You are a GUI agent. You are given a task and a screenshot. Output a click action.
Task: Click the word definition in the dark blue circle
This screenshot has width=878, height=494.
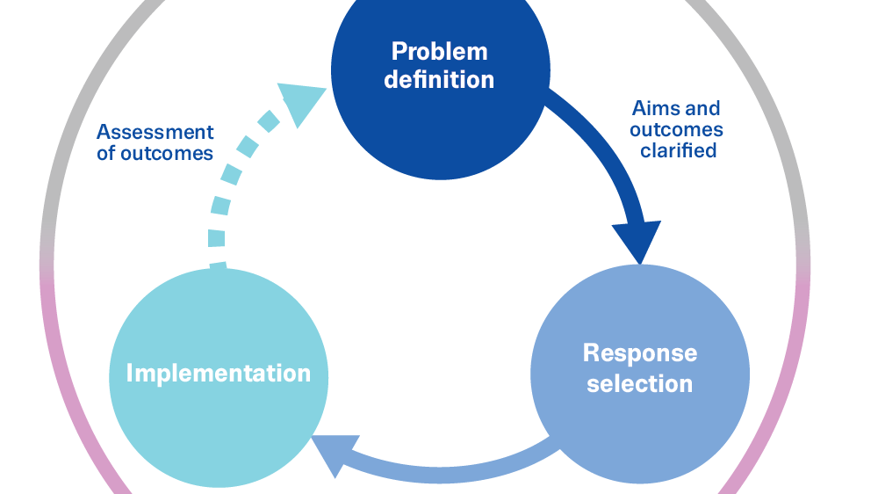click(439, 80)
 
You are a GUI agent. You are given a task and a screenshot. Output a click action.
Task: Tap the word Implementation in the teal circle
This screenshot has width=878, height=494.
click(219, 373)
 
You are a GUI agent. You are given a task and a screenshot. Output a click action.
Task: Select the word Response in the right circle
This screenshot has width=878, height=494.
click(640, 353)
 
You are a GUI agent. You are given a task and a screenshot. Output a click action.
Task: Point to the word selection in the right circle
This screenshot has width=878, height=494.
click(640, 384)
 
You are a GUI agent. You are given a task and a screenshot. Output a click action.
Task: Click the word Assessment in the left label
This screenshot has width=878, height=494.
click(155, 133)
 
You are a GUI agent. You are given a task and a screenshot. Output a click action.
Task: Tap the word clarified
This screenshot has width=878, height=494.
click(678, 150)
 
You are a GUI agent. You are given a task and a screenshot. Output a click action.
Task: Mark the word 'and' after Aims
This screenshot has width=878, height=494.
click(704, 109)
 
